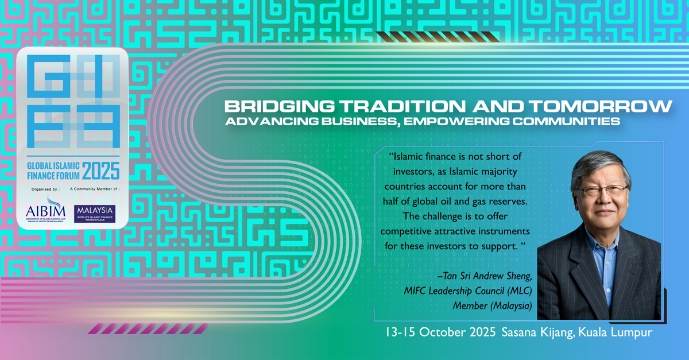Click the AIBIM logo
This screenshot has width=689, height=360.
45,209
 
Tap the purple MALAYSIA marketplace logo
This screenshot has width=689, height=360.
95,214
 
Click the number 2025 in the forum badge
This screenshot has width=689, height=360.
101,171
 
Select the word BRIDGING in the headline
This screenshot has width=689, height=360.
279,106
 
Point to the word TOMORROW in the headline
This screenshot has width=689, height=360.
601,106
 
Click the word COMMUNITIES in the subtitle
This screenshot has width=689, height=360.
566,121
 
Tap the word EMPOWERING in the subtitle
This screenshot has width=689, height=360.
456,121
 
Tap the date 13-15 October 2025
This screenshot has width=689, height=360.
440,332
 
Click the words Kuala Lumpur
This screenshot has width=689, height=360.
615,332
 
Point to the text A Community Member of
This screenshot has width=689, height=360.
95,189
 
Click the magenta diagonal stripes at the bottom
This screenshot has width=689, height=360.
148,328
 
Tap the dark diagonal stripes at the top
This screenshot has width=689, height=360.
438,37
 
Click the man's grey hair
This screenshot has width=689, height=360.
600,166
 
